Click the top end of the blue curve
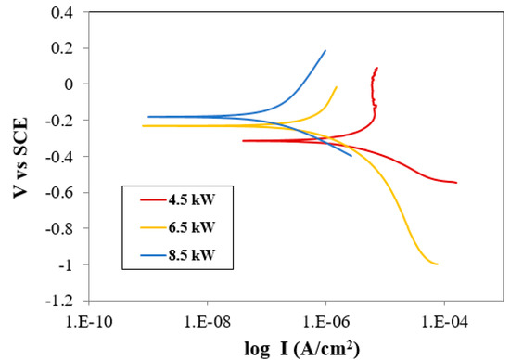325,50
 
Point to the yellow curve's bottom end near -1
437,264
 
